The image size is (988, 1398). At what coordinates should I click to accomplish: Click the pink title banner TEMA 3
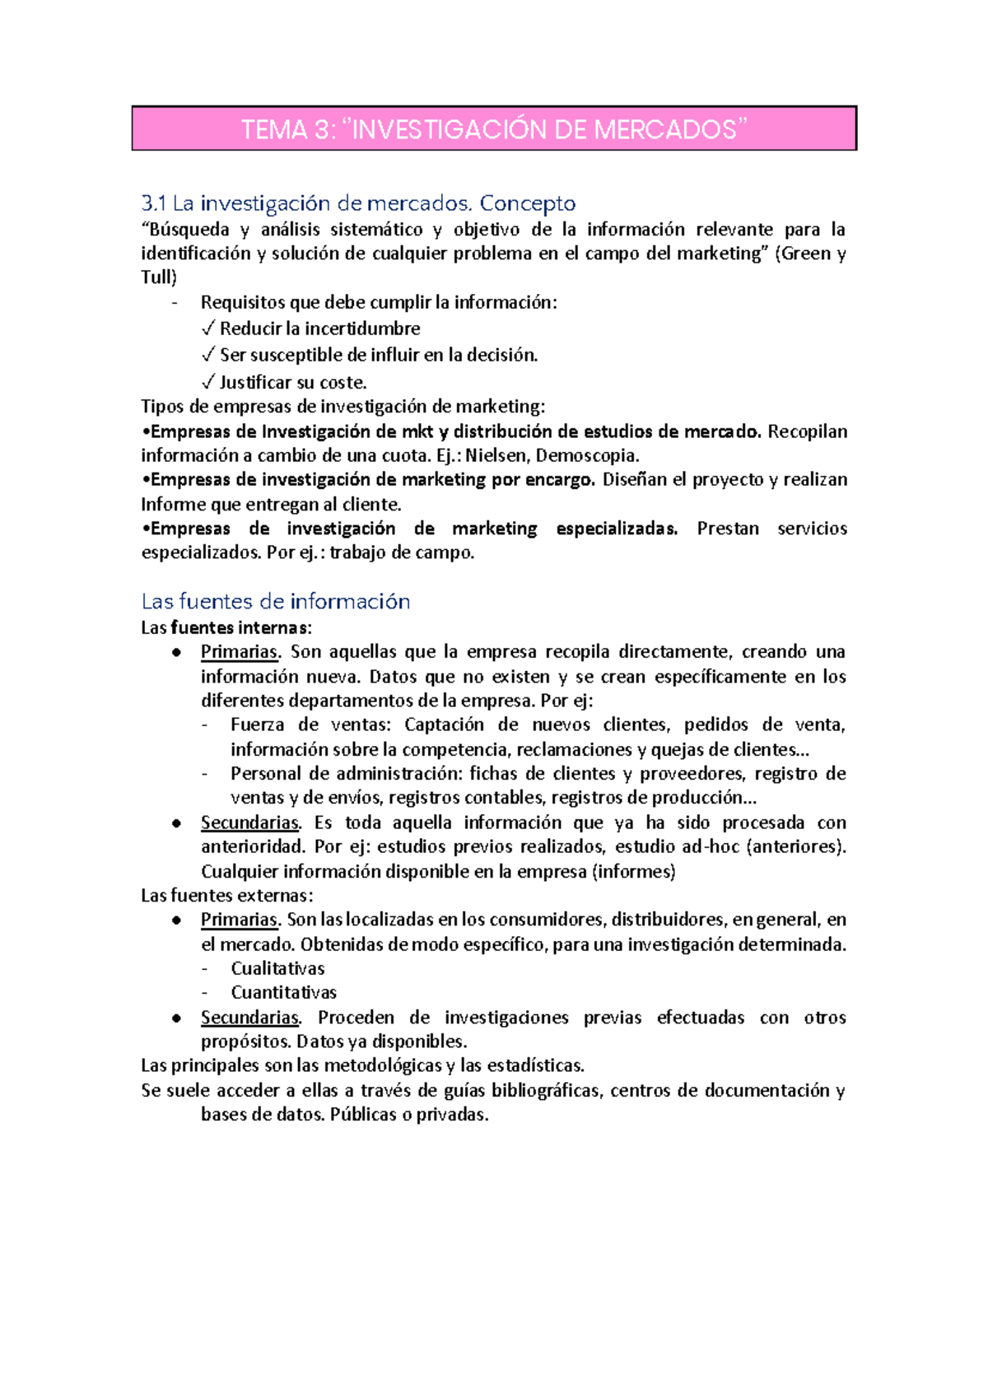click(494, 129)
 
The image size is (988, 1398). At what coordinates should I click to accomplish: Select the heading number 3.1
click(154, 203)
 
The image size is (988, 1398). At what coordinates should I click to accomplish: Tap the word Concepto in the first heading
click(528, 203)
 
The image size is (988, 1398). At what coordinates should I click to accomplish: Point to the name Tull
click(158, 277)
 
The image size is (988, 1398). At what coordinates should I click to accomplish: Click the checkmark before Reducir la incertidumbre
click(208, 329)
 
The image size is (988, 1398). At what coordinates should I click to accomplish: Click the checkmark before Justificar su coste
click(208, 383)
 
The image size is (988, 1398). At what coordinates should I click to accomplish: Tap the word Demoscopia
click(586, 455)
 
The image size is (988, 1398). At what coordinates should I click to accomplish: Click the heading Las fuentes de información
click(276, 601)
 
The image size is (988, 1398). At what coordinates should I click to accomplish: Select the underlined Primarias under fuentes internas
click(239, 652)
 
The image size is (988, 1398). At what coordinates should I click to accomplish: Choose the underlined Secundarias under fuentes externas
click(249, 1018)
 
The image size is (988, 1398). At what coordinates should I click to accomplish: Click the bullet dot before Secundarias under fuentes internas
click(176, 823)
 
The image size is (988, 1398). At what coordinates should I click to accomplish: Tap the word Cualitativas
click(277, 969)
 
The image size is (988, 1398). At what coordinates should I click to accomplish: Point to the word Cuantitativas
click(283, 993)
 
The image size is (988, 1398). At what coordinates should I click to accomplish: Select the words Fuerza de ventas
click(304, 725)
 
